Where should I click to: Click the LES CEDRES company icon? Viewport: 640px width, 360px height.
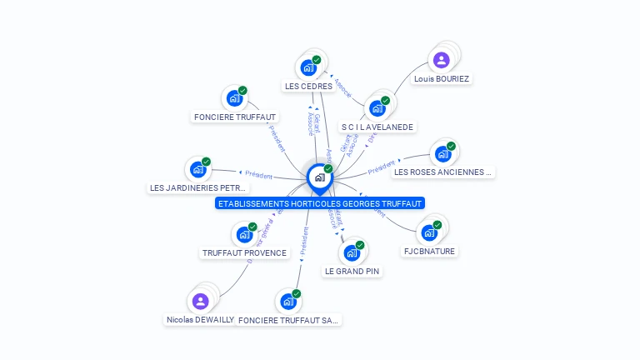click(x=308, y=67)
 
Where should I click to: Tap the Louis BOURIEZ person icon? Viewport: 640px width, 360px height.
click(x=441, y=60)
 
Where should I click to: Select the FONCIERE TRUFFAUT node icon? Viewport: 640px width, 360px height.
click(x=234, y=97)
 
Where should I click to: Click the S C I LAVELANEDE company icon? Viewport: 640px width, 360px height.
click(x=377, y=108)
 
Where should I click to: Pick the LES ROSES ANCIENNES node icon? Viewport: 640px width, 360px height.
click(x=442, y=154)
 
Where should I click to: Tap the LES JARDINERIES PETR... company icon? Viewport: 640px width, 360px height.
click(x=198, y=169)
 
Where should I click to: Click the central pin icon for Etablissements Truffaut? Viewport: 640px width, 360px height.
click(x=319, y=177)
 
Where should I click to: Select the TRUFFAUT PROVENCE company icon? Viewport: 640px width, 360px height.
click(x=243, y=235)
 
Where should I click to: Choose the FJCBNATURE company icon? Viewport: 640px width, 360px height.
click(x=429, y=232)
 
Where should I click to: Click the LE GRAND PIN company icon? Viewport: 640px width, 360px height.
click(x=352, y=252)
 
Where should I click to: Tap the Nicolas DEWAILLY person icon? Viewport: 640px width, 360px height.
click(x=200, y=301)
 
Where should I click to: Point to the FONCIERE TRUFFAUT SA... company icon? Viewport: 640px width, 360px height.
click(x=288, y=301)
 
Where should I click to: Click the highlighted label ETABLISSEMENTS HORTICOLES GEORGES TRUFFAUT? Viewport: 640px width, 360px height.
click(x=320, y=202)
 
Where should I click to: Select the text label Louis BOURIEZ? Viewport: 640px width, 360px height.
click(x=442, y=79)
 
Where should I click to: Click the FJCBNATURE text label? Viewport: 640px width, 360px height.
click(x=430, y=251)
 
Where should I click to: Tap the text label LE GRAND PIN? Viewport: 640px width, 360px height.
click(x=352, y=271)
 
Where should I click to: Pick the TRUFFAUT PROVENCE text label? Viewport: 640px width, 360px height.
click(x=244, y=252)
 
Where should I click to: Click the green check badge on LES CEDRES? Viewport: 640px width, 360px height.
click(x=317, y=60)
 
